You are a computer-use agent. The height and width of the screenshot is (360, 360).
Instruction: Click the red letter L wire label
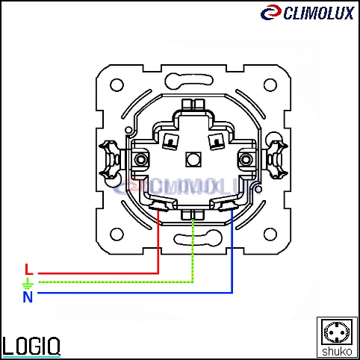(x=29, y=269)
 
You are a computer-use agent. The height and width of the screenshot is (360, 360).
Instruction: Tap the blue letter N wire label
(x=28, y=297)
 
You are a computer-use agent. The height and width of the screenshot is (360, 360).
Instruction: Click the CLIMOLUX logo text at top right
(x=319, y=13)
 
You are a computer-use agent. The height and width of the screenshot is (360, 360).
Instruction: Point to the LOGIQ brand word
(x=31, y=346)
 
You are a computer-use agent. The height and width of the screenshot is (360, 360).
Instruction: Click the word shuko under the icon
(x=337, y=352)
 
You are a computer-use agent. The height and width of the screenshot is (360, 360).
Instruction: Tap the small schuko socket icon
(x=337, y=332)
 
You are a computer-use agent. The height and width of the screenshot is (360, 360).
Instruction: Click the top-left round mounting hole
(x=117, y=85)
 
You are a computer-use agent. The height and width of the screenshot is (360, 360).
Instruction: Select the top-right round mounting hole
(x=270, y=85)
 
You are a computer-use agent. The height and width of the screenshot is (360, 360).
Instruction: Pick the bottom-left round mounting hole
(x=117, y=235)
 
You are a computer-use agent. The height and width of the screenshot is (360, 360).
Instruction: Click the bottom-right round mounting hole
(x=270, y=235)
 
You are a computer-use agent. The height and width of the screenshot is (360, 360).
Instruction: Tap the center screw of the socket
(x=193, y=159)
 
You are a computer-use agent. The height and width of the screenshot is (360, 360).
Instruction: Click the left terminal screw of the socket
(x=141, y=159)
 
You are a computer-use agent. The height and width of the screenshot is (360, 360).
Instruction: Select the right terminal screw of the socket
(x=246, y=159)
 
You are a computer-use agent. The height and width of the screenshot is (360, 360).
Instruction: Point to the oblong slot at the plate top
(x=189, y=81)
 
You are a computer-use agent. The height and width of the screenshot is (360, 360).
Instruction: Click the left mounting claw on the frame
(x=110, y=160)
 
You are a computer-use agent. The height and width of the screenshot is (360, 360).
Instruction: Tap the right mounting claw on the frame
(x=277, y=160)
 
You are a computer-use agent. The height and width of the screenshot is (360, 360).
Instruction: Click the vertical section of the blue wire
(x=232, y=252)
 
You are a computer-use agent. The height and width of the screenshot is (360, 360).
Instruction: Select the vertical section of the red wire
(x=158, y=242)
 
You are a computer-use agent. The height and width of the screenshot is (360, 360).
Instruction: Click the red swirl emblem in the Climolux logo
(x=271, y=13)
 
